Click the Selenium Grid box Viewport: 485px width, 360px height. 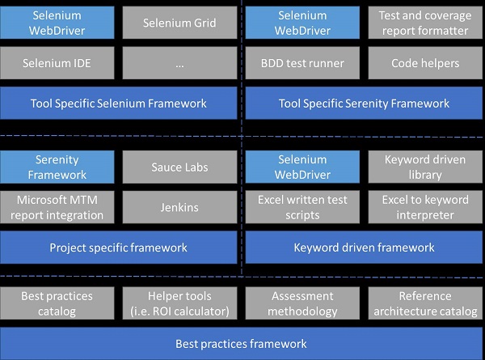click(x=179, y=23)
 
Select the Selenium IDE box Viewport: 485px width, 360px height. click(x=57, y=63)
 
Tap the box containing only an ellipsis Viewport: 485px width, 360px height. click(x=179, y=63)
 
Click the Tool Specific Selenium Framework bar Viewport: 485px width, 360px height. click(x=119, y=103)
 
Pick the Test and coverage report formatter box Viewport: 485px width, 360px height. click(x=425, y=23)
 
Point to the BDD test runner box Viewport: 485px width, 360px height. click(x=302, y=63)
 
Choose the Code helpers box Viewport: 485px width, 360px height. click(x=425, y=63)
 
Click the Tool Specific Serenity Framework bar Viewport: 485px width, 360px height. click(x=364, y=103)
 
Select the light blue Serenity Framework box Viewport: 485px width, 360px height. click(x=57, y=167)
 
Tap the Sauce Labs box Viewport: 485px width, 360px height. click(x=179, y=167)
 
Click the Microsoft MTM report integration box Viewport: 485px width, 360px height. click(x=57, y=207)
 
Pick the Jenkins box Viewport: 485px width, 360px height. click(x=179, y=207)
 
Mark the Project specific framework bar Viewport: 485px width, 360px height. click(x=119, y=248)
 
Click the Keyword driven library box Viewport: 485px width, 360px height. click(x=425, y=167)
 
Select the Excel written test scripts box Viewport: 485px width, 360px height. click(x=302, y=207)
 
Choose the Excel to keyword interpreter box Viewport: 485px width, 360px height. click(x=425, y=207)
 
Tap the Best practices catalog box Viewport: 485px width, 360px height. click(x=57, y=303)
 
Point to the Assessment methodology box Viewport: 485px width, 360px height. click(x=302, y=303)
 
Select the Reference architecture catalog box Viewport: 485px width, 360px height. click(x=425, y=303)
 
